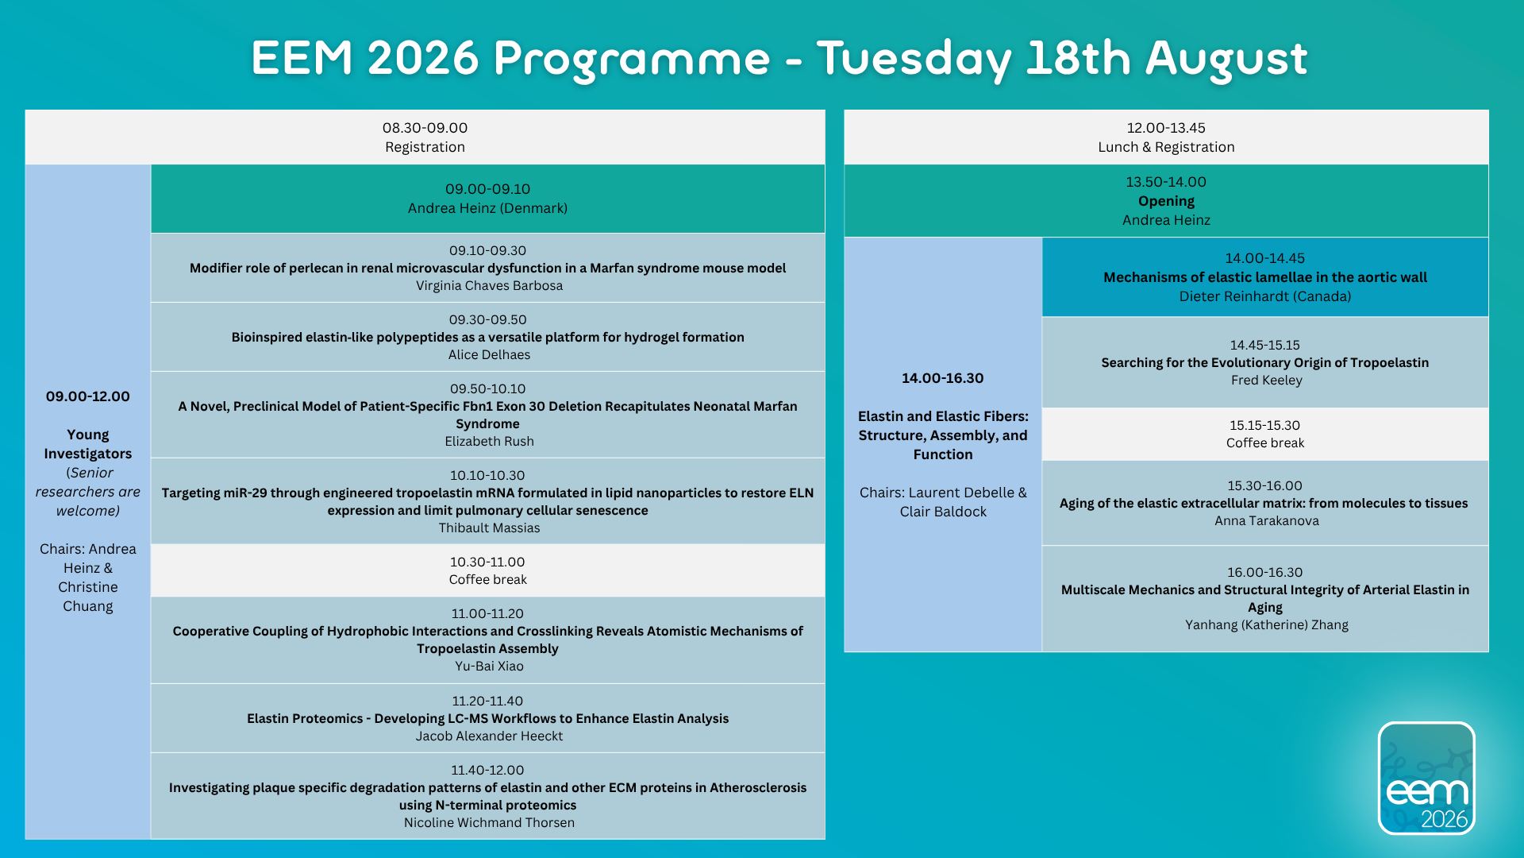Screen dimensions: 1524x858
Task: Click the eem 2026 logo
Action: pos(1426,778)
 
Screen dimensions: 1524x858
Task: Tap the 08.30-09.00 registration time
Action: pos(425,128)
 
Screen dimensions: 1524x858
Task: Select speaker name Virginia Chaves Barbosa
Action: pos(489,286)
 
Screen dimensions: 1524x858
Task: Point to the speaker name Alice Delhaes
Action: pos(489,355)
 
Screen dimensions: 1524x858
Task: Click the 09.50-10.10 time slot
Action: pos(487,389)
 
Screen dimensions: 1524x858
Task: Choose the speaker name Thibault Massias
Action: pos(489,528)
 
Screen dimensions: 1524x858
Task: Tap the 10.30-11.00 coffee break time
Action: pos(487,562)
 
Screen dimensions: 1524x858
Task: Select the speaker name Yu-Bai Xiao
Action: pos(489,667)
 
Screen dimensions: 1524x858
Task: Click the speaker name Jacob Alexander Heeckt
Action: pos(489,736)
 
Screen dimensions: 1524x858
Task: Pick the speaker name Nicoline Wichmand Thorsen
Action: pos(489,823)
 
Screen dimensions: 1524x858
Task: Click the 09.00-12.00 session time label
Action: pos(87,396)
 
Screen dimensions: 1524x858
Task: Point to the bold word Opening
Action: pos(1166,202)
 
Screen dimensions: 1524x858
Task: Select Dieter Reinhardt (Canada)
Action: pos(1264,297)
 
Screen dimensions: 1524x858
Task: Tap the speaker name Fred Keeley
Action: pos(1266,381)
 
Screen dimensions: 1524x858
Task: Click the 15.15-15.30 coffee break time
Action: pos(1264,426)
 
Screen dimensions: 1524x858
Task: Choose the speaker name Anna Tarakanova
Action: pos(1266,521)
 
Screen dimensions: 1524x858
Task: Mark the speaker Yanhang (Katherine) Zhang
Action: pos(1266,625)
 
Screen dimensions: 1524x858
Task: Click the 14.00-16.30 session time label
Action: pos(942,378)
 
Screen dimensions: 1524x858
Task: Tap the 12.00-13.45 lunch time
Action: pos(1166,128)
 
